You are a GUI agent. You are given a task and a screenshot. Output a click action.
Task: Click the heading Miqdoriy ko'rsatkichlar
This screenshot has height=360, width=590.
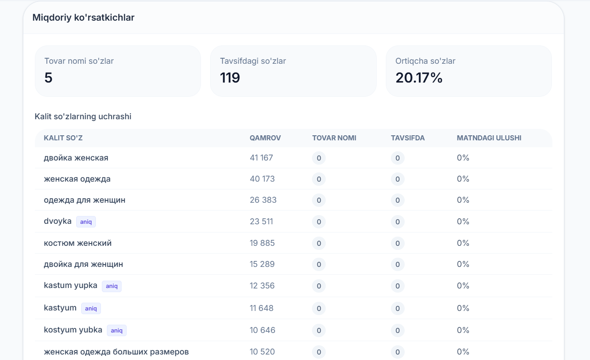[x=83, y=17]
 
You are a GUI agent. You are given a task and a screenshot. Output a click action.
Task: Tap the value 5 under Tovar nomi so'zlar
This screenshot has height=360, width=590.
[x=48, y=78]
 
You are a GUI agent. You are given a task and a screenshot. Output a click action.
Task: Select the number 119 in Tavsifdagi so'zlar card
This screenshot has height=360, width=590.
[x=230, y=78]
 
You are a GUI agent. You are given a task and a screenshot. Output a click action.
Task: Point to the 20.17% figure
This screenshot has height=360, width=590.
[x=419, y=78]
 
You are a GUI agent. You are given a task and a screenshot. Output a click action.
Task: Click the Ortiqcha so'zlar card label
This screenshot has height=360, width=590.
[x=425, y=61]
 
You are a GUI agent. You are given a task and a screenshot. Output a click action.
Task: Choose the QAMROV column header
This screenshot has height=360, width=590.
[x=265, y=138]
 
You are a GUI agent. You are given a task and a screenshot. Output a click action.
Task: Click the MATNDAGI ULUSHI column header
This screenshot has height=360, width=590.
[x=489, y=138]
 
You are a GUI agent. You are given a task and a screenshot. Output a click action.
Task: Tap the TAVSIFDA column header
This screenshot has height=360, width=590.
[x=408, y=138]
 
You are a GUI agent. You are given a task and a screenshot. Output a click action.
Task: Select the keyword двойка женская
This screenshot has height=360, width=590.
[x=76, y=158]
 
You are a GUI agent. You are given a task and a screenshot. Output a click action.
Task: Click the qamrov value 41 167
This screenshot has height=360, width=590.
[x=262, y=158]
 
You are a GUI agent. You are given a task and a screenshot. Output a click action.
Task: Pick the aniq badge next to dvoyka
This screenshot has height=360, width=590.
[x=86, y=222]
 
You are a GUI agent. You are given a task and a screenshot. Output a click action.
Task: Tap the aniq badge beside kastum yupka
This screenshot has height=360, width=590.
[x=111, y=286]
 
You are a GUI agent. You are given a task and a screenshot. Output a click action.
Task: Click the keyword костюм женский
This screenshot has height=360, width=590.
[x=78, y=243]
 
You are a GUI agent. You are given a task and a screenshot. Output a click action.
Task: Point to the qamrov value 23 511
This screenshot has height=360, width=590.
[x=262, y=222]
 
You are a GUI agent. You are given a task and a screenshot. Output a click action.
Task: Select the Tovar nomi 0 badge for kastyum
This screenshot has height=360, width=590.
[x=319, y=308]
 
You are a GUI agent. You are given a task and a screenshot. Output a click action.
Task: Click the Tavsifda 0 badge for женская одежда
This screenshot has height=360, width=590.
[x=397, y=179]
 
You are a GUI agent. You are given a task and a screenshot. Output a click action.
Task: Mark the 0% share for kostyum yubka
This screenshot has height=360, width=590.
[x=463, y=330]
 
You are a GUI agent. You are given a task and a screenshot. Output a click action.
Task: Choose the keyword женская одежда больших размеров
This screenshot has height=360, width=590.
[x=116, y=352]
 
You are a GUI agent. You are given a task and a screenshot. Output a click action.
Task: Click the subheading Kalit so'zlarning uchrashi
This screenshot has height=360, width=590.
[x=83, y=116]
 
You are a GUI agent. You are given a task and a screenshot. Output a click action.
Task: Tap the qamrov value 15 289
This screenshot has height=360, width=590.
[x=262, y=264]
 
